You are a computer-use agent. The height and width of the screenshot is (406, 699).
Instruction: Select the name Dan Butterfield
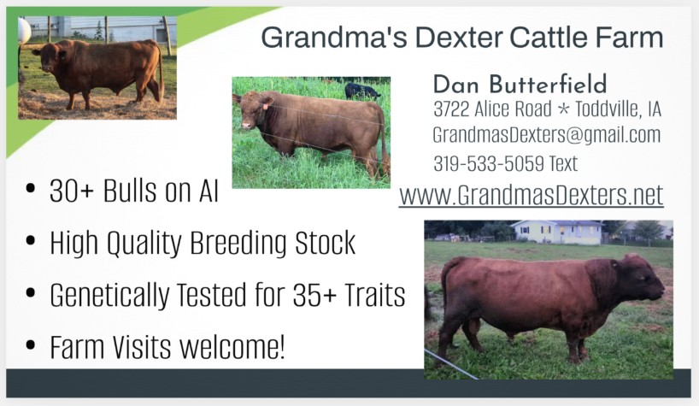coord(520,84)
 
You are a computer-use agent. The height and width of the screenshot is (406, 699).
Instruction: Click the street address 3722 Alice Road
coord(482,109)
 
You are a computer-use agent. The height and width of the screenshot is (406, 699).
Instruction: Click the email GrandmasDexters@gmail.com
coord(546,135)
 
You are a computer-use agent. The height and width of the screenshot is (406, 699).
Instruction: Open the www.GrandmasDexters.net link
coord(531,195)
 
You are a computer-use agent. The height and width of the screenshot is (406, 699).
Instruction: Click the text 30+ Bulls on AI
coord(134,191)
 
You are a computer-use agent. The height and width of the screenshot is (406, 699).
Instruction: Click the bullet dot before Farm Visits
coord(32,346)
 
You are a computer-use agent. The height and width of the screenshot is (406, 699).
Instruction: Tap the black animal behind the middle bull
coord(361,91)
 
